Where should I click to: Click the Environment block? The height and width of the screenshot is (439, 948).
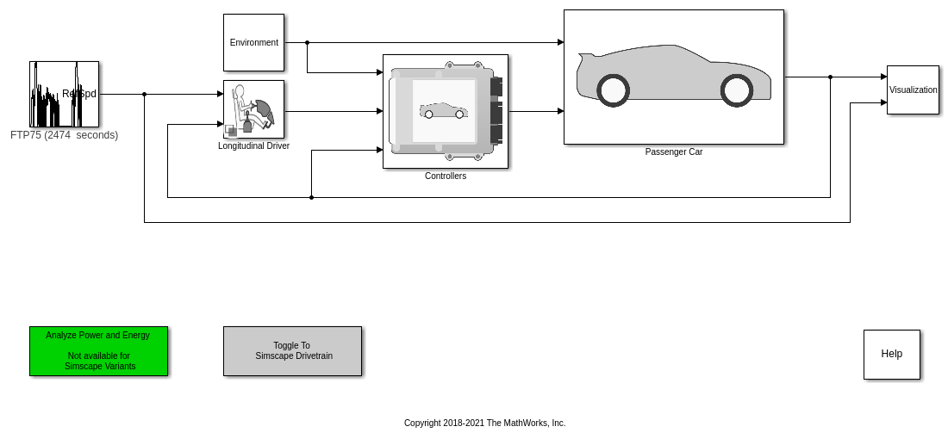253,42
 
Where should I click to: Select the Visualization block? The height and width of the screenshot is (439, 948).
913,90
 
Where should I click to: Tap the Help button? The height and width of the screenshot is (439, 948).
891,354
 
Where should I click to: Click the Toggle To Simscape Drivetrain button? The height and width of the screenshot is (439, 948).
292,350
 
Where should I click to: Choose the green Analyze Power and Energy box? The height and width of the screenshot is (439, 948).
98,350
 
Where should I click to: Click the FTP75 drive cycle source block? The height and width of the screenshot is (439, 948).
64,94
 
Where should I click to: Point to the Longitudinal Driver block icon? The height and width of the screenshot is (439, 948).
253,109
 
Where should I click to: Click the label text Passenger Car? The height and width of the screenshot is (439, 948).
674,152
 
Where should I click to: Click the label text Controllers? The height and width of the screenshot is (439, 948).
446,176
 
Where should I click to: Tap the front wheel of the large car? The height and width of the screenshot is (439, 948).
737,90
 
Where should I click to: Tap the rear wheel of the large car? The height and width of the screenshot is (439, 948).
613,90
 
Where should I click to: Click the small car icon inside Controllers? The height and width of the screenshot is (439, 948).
443,111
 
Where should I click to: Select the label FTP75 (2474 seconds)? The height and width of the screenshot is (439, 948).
64,135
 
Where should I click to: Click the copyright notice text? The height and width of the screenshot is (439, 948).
484,423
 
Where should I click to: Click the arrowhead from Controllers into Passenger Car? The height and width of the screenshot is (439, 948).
560,111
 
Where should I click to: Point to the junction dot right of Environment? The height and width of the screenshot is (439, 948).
307,42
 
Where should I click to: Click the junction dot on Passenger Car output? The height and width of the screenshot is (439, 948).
830,77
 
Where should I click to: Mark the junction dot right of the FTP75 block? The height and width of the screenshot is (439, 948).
144,94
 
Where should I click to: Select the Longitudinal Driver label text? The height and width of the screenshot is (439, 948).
253,146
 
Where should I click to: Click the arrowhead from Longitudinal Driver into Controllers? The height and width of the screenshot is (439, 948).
379,111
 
